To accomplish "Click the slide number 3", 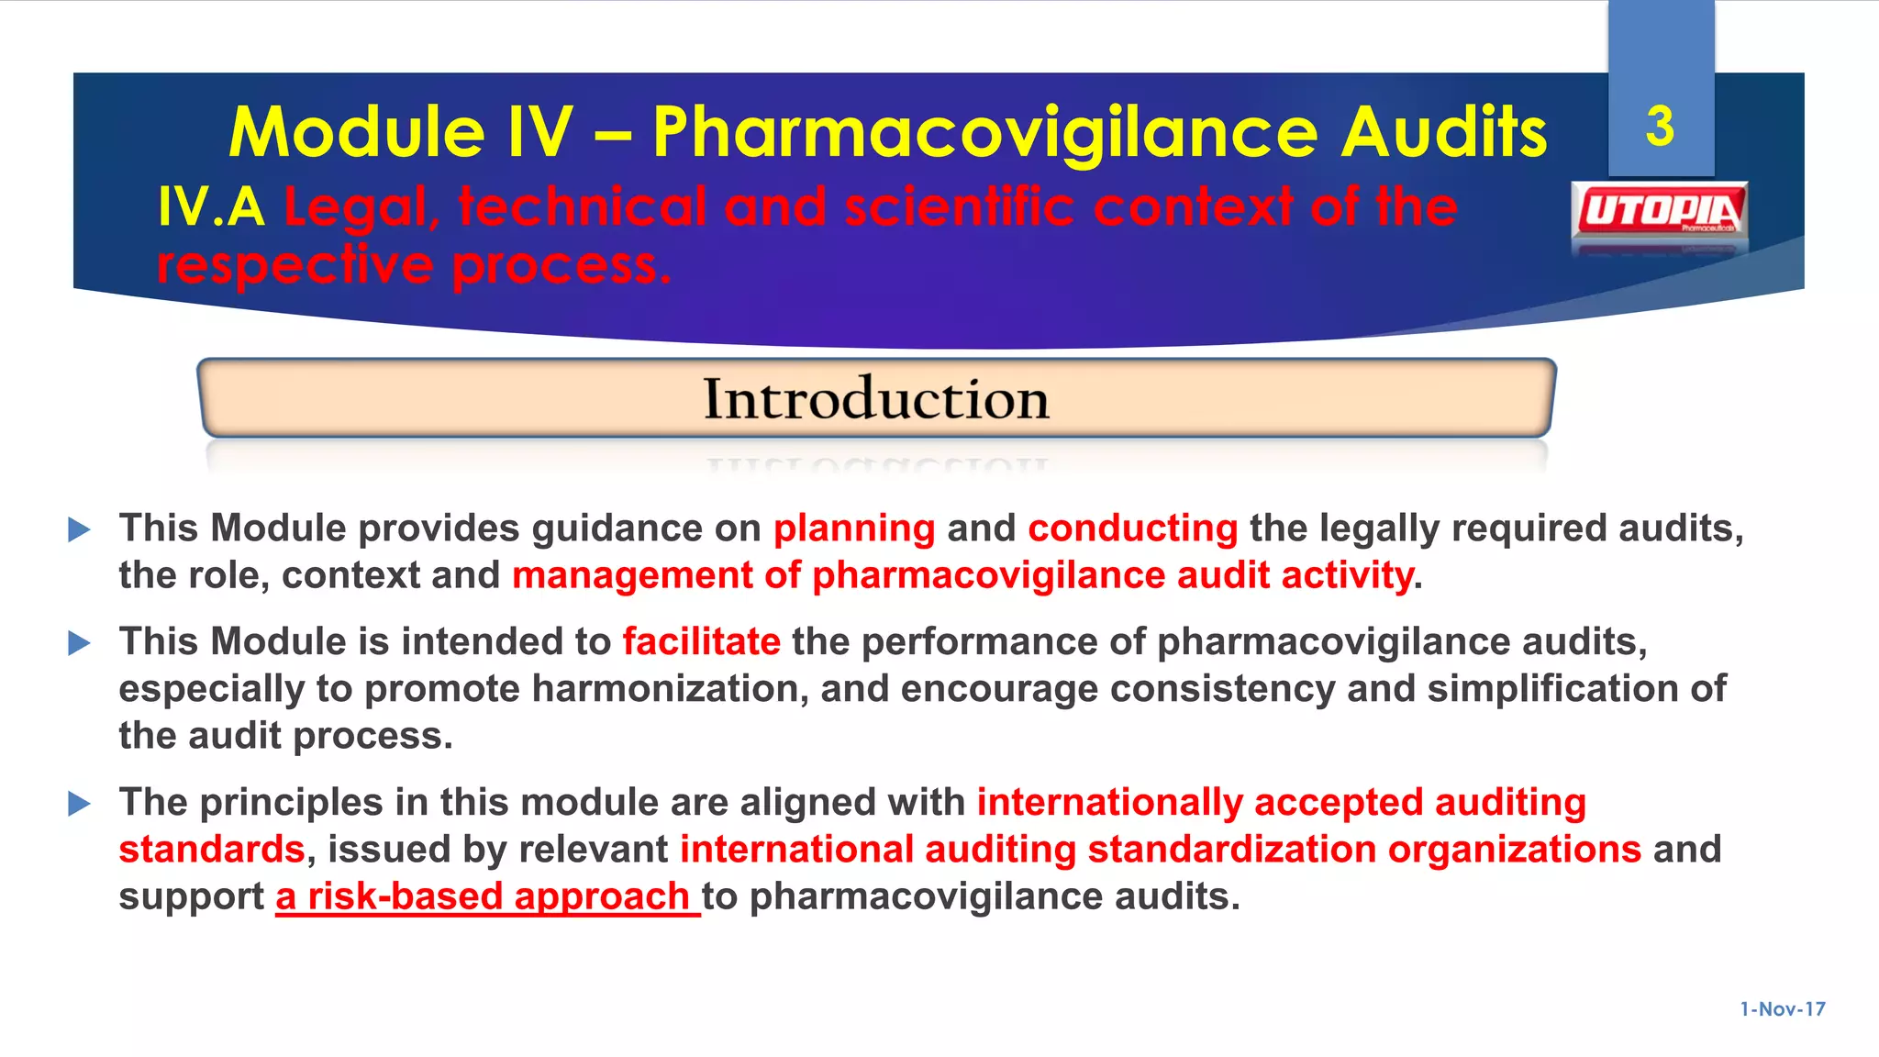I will [x=1660, y=127].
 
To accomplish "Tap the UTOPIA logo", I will [x=1659, y=211].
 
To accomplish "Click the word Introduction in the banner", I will [x=876, y=399].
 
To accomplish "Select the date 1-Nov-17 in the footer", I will [x=1783, y=1009].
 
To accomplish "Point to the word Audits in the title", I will [x=1445, y=132].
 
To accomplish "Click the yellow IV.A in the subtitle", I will [x=211, y=207].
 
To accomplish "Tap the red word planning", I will [x=854, y=528].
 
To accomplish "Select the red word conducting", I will [x=1133, y=528].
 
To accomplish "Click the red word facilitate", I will [x=702, y=641].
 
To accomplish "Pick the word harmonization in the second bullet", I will [x=670, y=688].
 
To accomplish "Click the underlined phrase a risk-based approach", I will [x=486, y=896].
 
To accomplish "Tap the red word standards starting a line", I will [x=212, y=850].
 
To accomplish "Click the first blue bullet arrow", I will [x=80, y=529].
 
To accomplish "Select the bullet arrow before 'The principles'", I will [x=80, y=804].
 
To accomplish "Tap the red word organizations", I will [x=1514, y=850].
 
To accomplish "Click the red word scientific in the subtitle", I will [x=959, y=207].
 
